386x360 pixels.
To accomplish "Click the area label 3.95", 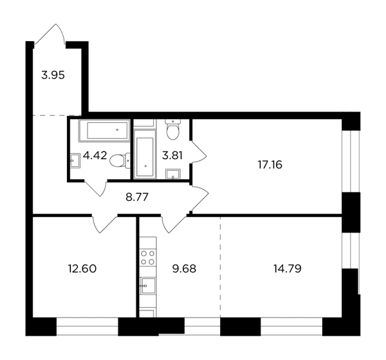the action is [53, 75].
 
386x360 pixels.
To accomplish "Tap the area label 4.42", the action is [95, 155].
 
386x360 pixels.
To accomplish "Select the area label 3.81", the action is [172, 155].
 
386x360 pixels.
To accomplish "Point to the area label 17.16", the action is [270, 165].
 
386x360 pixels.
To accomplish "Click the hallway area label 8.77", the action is [137, 197].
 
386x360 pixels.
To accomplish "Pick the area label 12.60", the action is [82, 269].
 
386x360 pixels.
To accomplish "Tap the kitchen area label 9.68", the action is [185, 269].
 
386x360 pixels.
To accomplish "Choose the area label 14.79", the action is [288, 269].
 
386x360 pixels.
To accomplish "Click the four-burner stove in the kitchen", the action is [148, 258].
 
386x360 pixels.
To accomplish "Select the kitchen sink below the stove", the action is [148, 285].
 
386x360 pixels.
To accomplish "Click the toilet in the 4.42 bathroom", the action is [120, 161].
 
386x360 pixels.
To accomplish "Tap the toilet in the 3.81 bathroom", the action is [173, 129].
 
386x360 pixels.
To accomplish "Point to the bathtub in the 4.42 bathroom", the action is [104, 130].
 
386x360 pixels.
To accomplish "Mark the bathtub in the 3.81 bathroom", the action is [145, 154].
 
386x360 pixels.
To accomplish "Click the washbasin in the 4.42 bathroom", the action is [75, 160].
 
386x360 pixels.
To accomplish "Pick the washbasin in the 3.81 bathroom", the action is [173, 174].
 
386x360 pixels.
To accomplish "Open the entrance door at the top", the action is [50, 35].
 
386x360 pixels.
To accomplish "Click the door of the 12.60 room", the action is [104, 223].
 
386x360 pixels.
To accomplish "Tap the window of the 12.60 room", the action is [87, 327].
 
